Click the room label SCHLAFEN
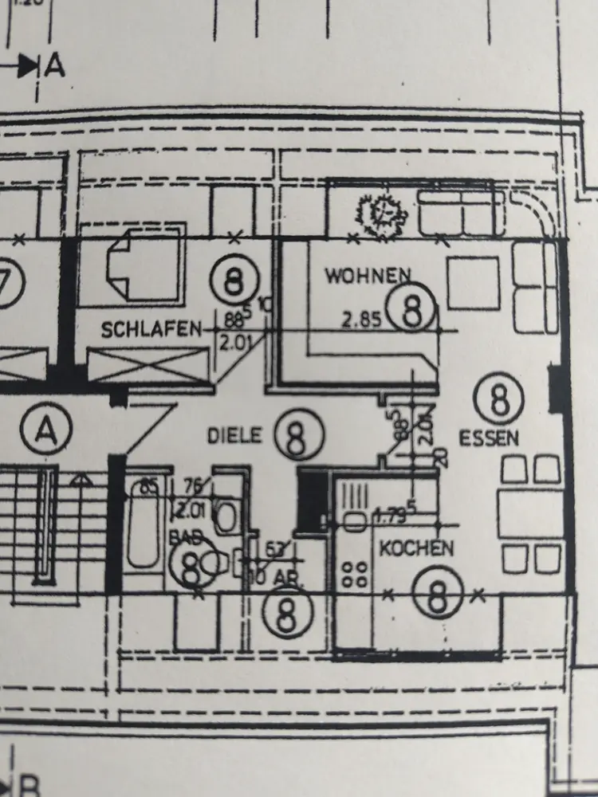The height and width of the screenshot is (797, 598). [151, 330]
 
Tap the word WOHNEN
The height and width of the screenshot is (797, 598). [368, 277]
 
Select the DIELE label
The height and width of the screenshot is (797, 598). [235, 435]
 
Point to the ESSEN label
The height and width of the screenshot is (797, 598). [489, 438]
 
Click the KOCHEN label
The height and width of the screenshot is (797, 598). [415, 548]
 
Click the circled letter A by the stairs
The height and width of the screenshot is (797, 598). [47, 433]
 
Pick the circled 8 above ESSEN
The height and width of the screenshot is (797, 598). [498, 399]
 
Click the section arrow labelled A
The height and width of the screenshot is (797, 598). [36, 65]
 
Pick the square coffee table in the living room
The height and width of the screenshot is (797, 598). [474, 283]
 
